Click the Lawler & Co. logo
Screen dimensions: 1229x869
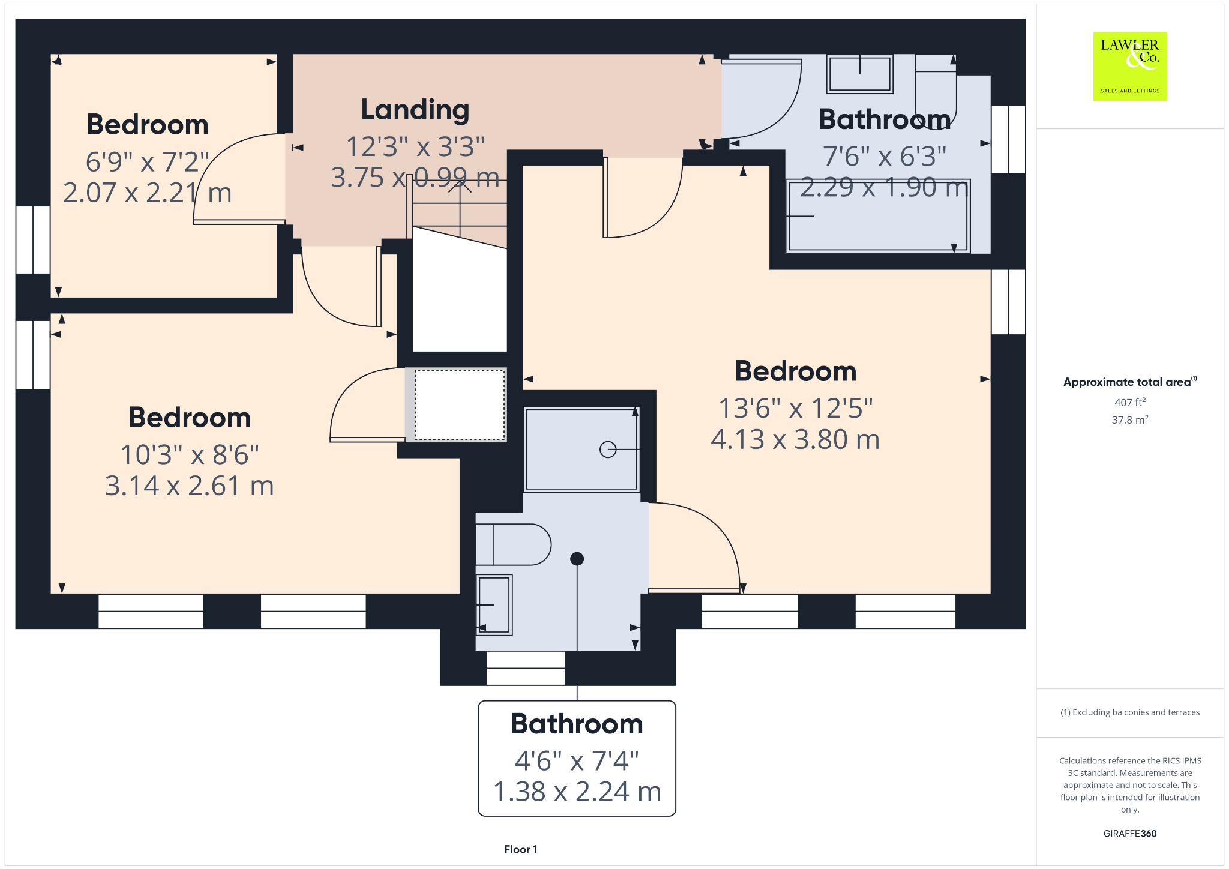[1129, 66]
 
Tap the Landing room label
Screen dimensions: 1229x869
[415, 109]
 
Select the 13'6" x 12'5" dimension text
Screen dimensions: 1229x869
[796, 408]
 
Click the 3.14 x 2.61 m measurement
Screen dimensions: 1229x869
[190, 486]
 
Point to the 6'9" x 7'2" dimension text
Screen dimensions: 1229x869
[148, 161]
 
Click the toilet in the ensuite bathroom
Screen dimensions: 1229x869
[513, 544]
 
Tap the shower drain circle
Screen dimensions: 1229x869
[608, 449]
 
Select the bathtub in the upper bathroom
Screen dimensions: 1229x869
[878, 215]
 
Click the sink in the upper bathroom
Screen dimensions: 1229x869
[859, 74]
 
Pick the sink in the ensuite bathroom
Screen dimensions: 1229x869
[494, 604]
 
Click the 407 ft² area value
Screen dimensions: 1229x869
[1130, 402]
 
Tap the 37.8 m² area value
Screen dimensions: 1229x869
[1130, 419]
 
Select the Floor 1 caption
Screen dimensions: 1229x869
[521, 849]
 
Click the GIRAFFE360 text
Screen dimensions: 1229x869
[1130, 833]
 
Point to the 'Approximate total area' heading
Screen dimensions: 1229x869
[1127, 382]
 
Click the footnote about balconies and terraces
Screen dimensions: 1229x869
[1130, 712]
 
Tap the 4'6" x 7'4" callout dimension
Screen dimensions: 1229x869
[577, 761]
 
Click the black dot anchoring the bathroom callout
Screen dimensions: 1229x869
[577, 559]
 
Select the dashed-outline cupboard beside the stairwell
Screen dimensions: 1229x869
[460, 404]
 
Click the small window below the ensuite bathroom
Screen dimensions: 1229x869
[526, 668]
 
